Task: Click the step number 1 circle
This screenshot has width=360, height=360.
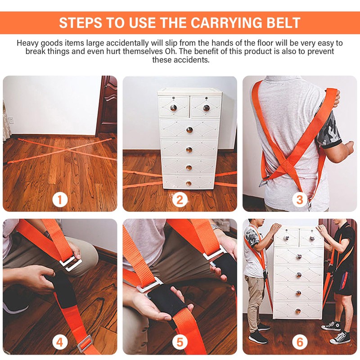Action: coord(60,199)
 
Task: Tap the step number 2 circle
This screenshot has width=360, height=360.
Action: coord(180,199)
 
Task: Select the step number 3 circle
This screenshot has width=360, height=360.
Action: coord(300,199)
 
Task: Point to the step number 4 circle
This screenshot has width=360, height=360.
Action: coord(60,342)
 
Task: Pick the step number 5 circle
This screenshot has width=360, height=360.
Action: coord(180,342)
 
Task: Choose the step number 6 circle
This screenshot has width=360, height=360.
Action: coord(300,342)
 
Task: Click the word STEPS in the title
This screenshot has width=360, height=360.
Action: coord(81,22)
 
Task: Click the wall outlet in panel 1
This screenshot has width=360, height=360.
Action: coord(11,120)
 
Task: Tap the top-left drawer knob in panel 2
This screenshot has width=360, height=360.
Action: coord(173,108)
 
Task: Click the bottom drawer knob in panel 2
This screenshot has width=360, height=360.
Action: coord(189,183)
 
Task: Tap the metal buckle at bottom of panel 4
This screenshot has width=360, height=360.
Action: coord(85,344)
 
